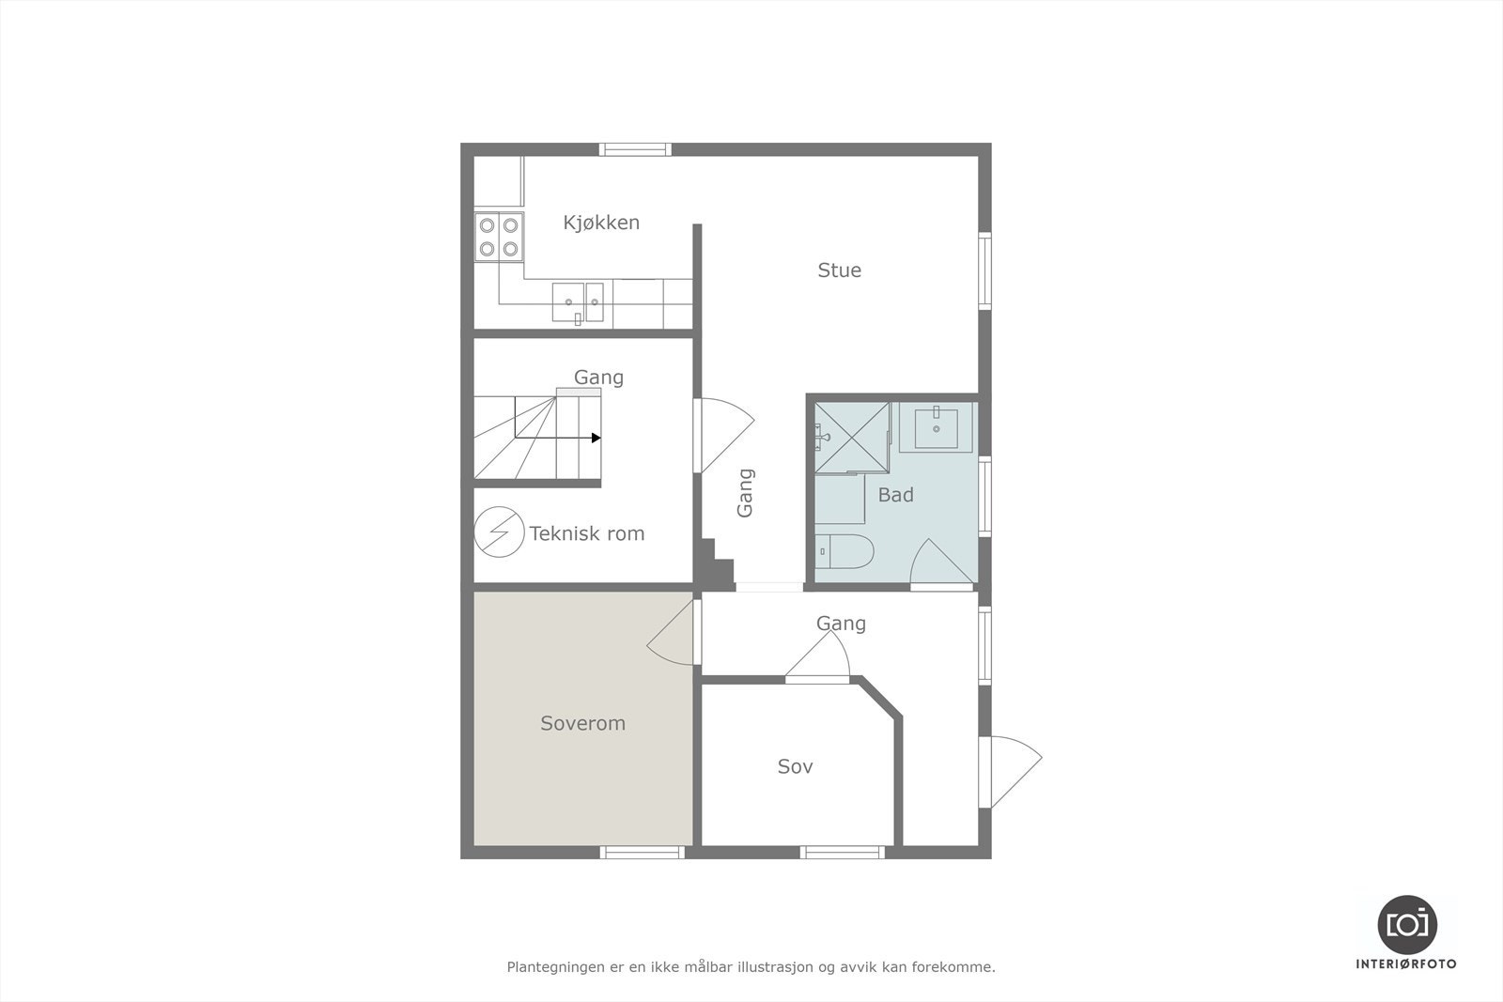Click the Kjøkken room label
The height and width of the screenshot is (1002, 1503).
pos(601,223)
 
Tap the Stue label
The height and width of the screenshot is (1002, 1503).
pos(839,270)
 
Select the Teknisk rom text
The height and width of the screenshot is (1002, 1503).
pos(587,533)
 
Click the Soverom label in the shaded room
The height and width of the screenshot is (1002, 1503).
pos(582,723)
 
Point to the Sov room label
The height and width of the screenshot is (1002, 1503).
pos(795,766)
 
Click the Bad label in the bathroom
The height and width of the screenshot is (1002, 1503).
pos(895,495)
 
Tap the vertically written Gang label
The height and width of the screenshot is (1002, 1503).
pos(745,493)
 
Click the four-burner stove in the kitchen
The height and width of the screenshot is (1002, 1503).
pos(499,237)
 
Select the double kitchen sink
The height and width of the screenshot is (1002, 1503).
pos(578,302)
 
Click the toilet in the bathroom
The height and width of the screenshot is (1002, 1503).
pos(844,552)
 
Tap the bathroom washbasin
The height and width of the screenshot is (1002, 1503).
pos(937,429)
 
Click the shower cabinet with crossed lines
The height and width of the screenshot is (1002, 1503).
pos(851,438)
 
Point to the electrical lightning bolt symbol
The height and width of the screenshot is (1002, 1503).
pos(498,532)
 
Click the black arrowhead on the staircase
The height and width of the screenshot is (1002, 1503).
pos(596,438)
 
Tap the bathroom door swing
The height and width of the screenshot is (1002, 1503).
pos(939,563)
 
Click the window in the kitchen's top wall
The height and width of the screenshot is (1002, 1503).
pos(636,148)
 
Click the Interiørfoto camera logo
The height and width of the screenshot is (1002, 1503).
pos(1406,924)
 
